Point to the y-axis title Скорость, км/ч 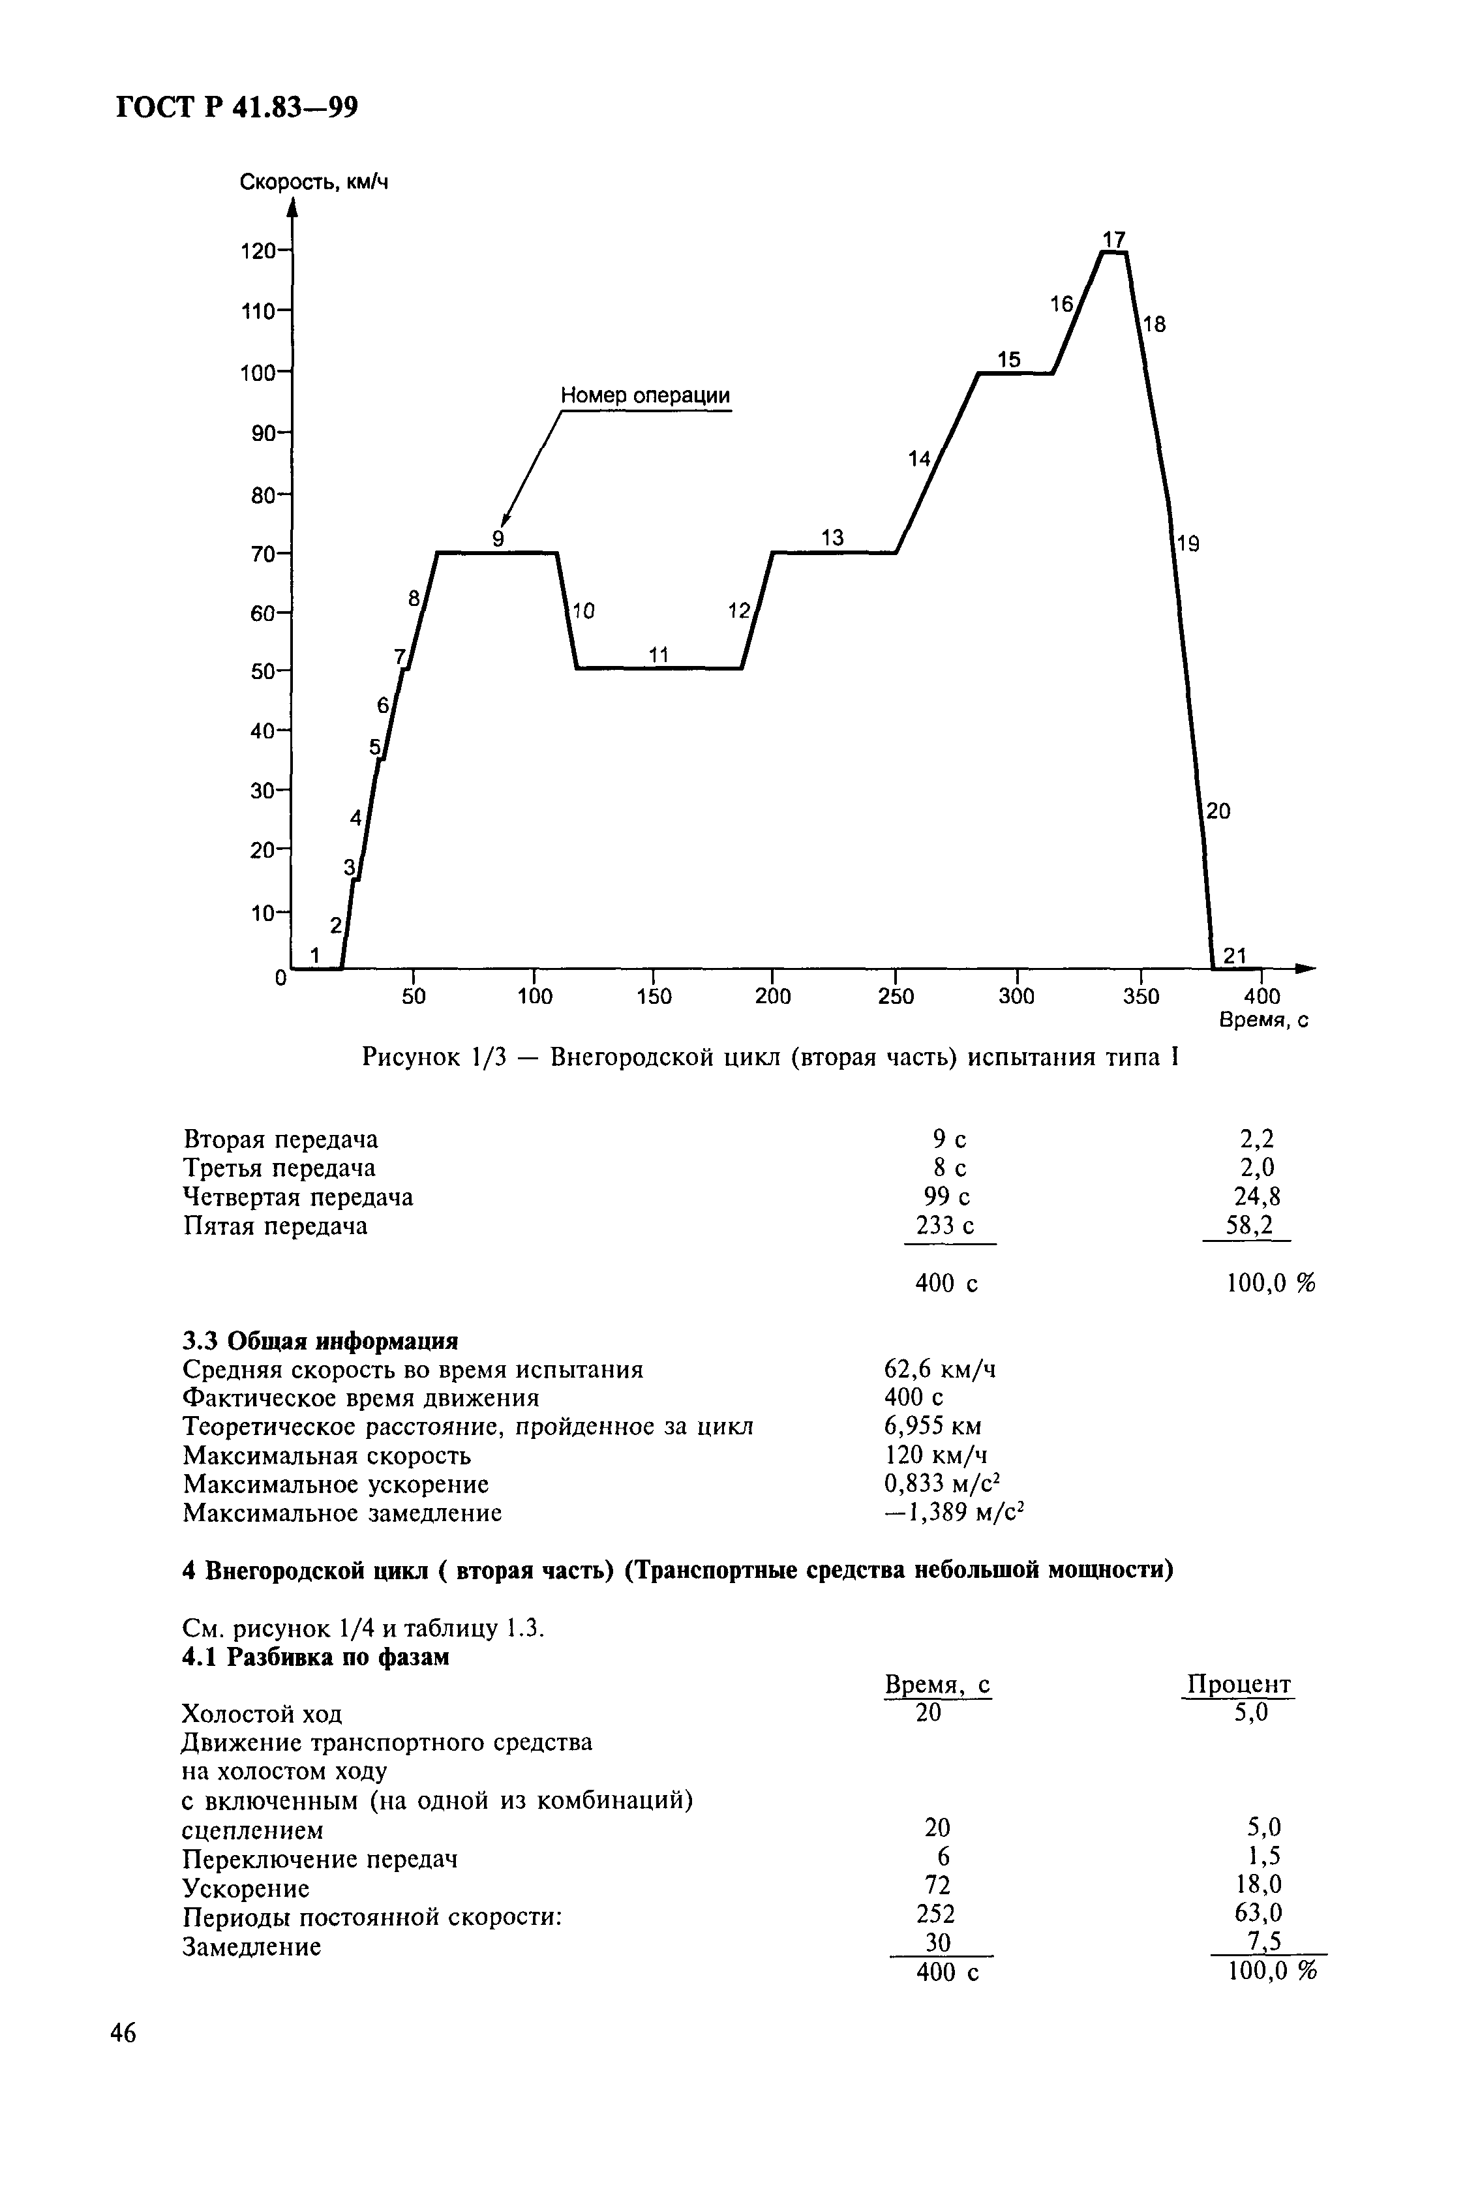(314, 182)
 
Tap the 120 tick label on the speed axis (258, 250)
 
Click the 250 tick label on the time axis (896, 997)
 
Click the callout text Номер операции (645, 395)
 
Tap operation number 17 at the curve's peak (1114, 239)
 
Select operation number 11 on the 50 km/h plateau (658, 654)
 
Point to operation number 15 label (1008, 359)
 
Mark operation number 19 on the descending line (1188, 543)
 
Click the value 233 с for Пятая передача (944, 1226)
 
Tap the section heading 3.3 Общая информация (320, 1340)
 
